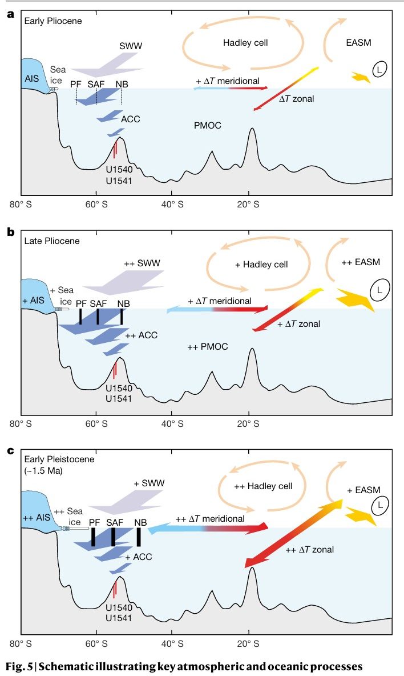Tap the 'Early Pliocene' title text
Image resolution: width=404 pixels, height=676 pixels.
pos(53,21)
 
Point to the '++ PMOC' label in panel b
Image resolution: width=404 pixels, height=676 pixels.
pos(208,347)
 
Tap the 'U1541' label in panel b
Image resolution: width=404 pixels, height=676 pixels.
pos(119,398)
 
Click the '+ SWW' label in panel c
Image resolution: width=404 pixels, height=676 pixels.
pos(149,483)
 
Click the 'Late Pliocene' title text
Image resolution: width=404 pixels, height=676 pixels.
pos(51,241)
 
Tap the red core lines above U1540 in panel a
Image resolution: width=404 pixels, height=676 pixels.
pos(115,150)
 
